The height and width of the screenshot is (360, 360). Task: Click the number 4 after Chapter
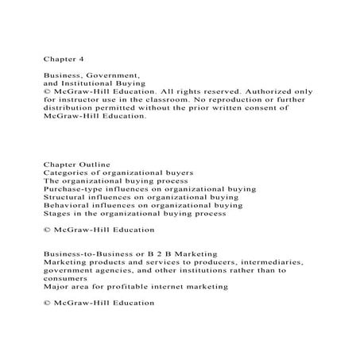pos(75,57)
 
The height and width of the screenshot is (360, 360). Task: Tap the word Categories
pos(64,172)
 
